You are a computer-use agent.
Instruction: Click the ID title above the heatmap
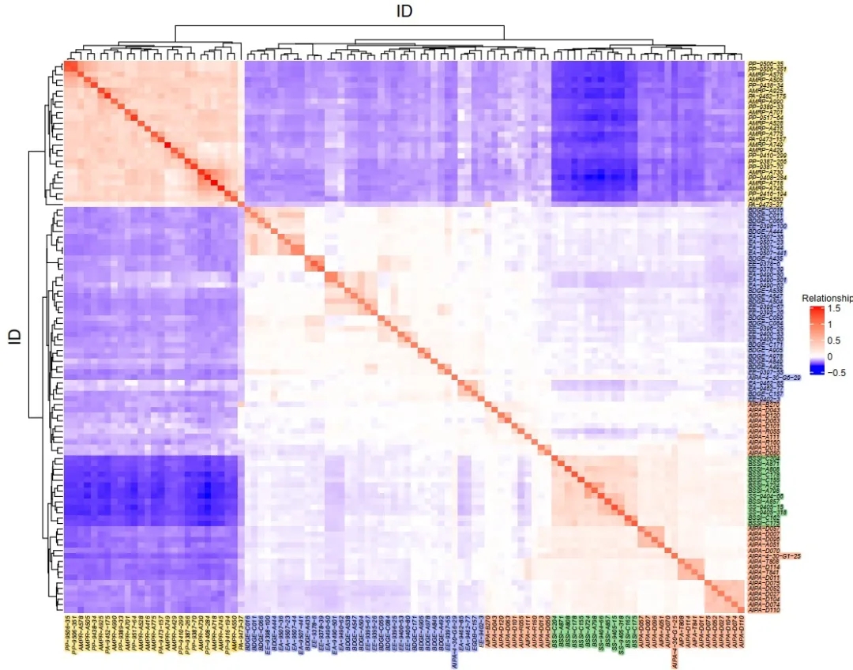point(405,11)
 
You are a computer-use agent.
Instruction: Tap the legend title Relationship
point(827,298)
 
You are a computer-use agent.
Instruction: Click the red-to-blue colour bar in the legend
point(816,340)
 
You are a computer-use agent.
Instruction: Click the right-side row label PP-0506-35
point(765,64)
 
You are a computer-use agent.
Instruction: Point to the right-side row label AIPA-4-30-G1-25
point(774,557)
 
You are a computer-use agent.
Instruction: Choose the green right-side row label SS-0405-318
point(765,512)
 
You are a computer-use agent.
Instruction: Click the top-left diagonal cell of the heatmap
point(67,65)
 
